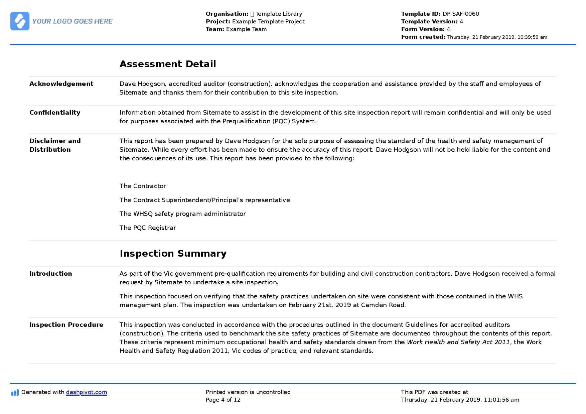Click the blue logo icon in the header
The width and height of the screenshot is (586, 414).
pos(20,21)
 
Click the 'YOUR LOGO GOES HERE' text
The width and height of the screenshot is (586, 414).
pos(72,21)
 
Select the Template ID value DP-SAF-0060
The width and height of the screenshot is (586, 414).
pos(461,14)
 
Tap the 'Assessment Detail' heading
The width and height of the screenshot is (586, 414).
pos(168,64)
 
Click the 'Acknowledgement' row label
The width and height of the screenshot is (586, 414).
pos(61,84)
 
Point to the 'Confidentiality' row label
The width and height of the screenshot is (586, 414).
pos(55,113)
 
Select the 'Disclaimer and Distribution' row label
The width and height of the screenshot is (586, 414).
pos(55,145)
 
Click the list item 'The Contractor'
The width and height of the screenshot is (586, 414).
pos(143,186)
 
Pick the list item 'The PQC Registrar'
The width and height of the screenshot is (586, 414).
pos(148,228)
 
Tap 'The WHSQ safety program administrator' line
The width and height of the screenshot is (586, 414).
pos(182,214)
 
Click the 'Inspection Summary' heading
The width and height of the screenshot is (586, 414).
pos(173,253)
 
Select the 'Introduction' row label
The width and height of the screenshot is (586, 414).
pos(51,274)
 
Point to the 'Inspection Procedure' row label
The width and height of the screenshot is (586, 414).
pos(66,325)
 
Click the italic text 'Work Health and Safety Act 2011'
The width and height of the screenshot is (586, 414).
pos(458,342)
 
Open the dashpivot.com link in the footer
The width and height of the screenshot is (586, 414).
pos(87,392)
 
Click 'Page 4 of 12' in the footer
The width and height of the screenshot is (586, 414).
pos(223,400)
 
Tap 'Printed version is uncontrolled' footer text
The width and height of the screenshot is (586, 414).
pos(248,392)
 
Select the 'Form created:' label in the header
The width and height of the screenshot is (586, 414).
pos(423,37)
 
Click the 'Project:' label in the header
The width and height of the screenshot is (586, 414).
pos(218,22)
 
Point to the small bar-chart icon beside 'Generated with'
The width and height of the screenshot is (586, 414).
pos(15,393)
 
